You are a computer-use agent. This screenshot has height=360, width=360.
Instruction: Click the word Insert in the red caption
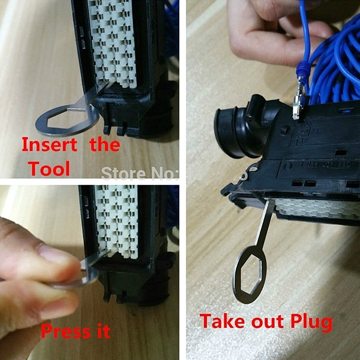click(x=49, y=145)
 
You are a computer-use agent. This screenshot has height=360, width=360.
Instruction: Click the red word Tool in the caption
click(x=49, y=169)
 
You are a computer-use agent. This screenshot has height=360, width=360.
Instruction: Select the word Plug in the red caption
click(x=310, y=322)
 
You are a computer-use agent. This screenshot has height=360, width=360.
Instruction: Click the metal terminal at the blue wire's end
click(x=297, y=105)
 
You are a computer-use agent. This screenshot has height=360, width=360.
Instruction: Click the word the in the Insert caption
click(x=104, y=145)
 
